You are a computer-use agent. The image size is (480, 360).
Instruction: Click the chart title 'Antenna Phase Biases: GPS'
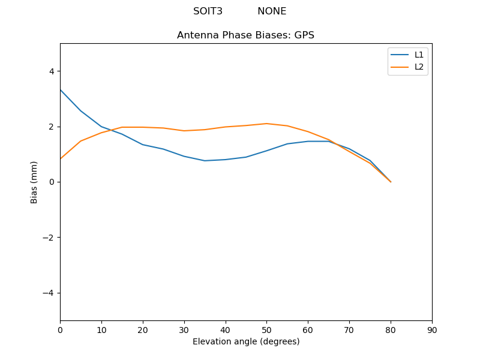pos(245,35)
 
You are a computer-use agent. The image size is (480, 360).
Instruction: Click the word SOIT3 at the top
pos(208,11)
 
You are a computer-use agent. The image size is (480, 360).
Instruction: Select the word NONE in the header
pos(272,11)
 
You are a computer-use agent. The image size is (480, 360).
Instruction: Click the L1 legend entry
pos(419,55)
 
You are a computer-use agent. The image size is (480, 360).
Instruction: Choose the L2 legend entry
pos(419,67)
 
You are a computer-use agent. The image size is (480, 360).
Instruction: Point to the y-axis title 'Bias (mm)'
pos(35,182)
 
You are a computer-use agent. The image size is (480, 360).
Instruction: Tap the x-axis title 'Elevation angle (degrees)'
pos(246,341)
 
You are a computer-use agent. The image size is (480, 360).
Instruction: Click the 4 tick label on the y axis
pos(51,71)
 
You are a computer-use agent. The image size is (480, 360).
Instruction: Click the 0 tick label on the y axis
pos(51,182)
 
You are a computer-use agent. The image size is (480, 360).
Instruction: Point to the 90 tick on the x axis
pos(432,329)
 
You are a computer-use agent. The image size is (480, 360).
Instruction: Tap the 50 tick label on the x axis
pos(266,329)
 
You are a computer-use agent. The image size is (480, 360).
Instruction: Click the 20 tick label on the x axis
pos(143,329)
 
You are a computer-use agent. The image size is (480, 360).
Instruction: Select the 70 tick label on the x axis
pos(349,329)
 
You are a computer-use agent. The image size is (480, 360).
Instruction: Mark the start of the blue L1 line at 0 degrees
pos(60,89)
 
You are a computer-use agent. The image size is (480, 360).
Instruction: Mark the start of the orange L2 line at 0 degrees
pos(60,159)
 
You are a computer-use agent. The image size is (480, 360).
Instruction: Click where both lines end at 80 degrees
pos(391,182)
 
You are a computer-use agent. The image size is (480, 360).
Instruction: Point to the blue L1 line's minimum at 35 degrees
pos(205,161)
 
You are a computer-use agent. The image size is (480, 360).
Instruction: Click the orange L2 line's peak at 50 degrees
pos(266,124)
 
